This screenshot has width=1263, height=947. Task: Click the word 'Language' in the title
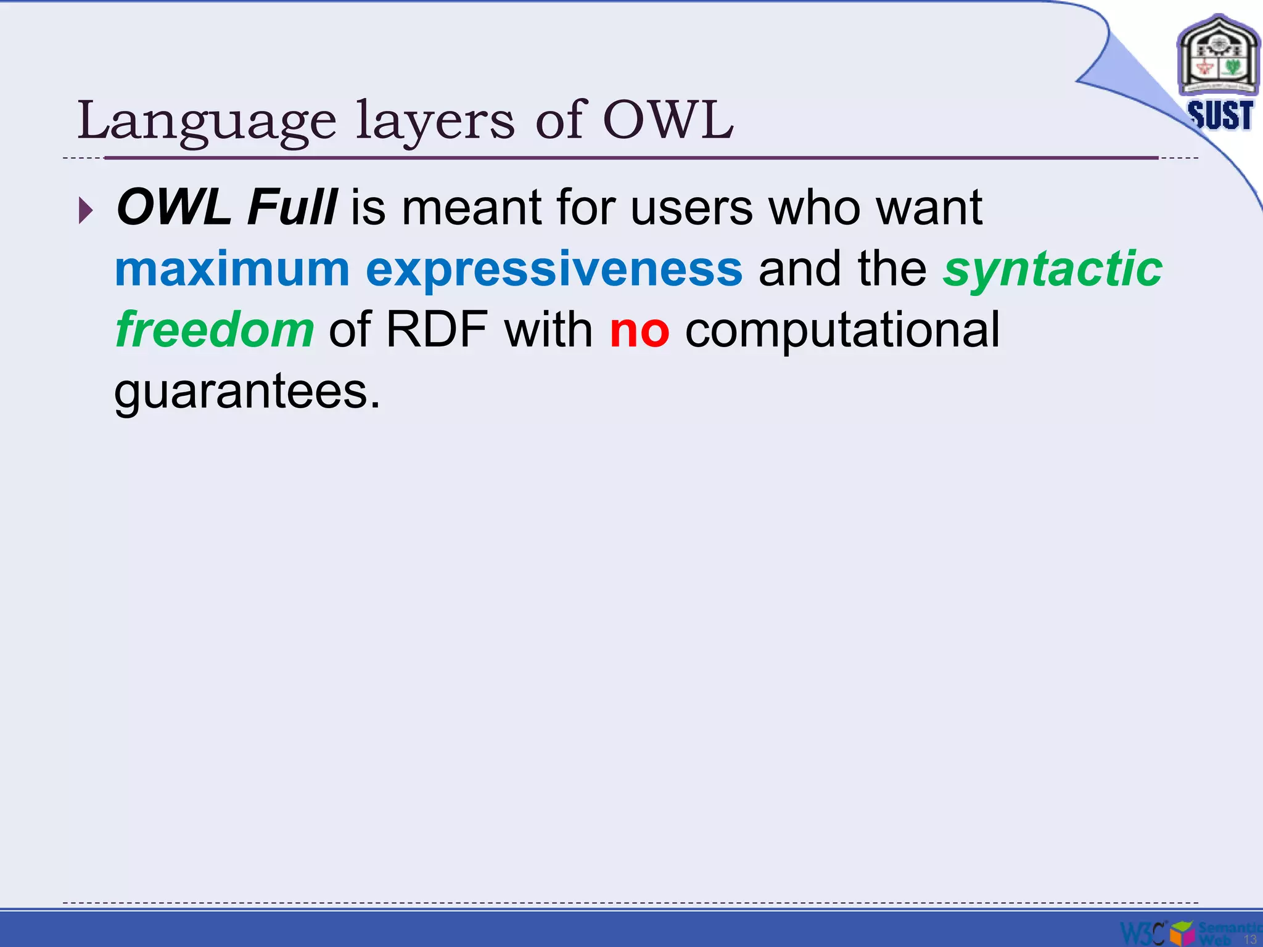point(207,121)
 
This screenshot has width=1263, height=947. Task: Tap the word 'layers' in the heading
point(435,121)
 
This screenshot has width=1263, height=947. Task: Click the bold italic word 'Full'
point(291,207)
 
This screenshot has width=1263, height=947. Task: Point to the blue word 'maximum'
point(232,269)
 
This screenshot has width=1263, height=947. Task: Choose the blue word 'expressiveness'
point(554,269)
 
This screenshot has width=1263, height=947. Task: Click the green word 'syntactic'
point(1052,269)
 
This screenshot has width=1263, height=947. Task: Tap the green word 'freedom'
point(215,330)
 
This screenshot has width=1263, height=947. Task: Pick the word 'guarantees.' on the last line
point(247,392)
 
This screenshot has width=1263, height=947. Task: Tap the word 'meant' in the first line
point(471,207)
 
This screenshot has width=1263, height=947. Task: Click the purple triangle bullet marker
point(86,211)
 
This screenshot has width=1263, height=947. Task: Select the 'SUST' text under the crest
point(1220,115)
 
